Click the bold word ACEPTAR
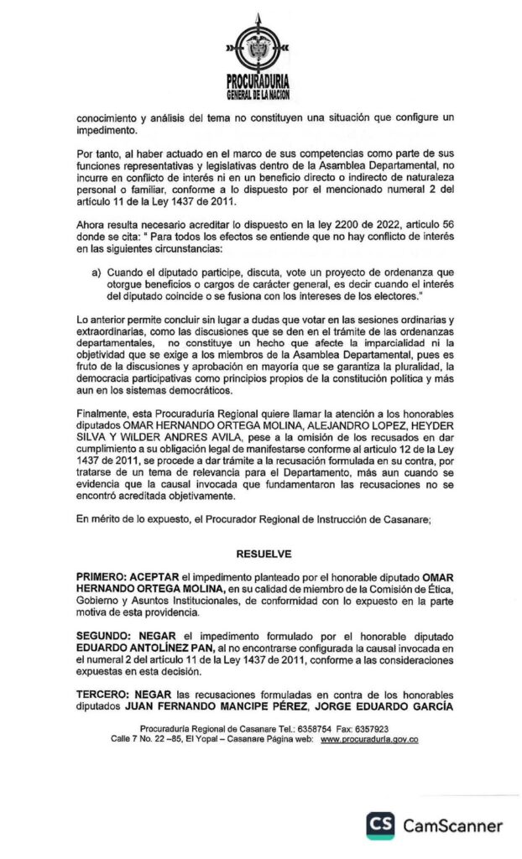point(160,579)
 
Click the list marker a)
point(97,273)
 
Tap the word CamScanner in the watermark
point(453,825)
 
